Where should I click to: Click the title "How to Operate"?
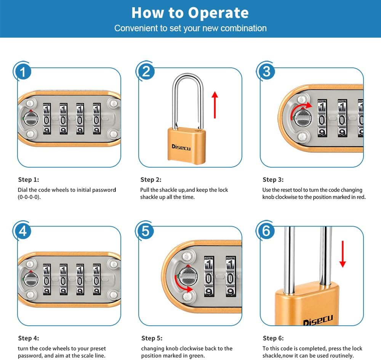click(x=190, y=13)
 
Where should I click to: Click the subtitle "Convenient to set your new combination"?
click(x=190, y=28)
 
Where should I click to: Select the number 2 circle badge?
click(x=146, y=72)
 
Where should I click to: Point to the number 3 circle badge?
click(x=267, y=72)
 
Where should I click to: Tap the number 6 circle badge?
click(x=267, y=231)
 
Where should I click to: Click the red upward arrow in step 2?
click(x=215, y=105)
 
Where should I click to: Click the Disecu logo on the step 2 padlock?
click(x=181, y=147)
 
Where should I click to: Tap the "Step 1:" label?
click(x=29, y=179)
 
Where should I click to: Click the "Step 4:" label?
click(x=29, y=338)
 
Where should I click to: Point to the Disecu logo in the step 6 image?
click(x=318, y=320)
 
